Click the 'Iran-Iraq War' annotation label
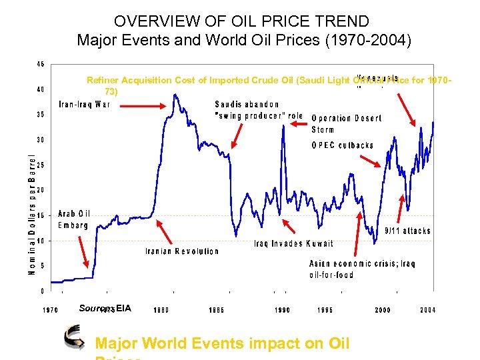point(85,104)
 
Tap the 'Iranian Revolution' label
point(182,251)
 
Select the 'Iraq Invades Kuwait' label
point(293,243)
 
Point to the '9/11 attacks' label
point(408,231)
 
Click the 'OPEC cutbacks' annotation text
point(343,145)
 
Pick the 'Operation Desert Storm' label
point(346,123)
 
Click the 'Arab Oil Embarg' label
point(74,219)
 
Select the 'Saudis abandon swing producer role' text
point(259,110)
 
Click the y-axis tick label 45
point(41,65)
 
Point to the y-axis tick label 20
point(41,190)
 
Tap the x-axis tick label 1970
point(51,310)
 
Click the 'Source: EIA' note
point(105,308)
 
